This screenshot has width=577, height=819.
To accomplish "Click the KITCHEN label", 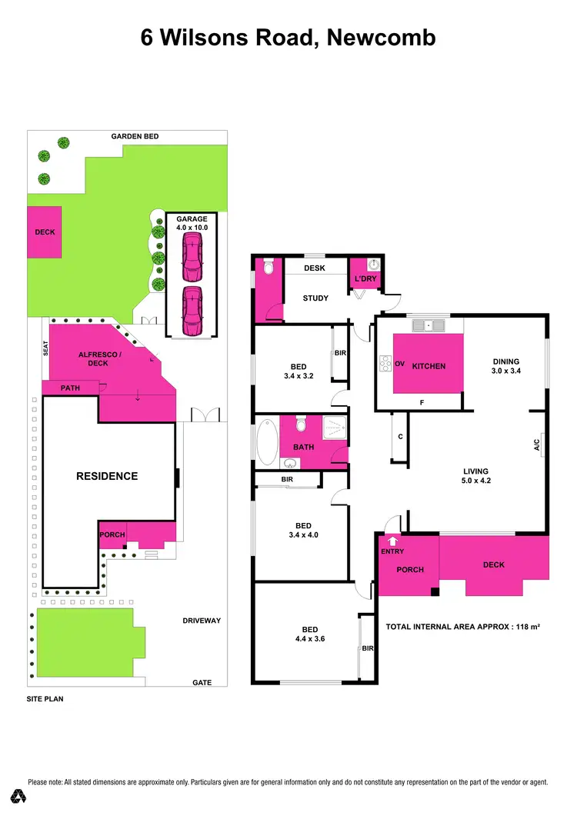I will (x=429, y=366).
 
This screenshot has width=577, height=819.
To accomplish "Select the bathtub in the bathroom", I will (x=267, y=441).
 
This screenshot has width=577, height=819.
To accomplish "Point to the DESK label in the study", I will (x=315, y=268).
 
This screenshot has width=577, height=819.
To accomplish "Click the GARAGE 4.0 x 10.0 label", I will (x=192, y=223).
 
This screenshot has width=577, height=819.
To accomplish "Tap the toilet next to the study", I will (x=268, y=267).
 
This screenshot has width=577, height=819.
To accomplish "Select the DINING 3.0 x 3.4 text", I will (x=507, y=366).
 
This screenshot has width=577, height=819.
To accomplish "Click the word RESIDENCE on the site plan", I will (x=107, y=476).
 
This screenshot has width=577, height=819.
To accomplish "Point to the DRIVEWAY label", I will (x=202, y=621).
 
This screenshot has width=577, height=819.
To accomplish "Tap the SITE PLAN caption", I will (x=44, y=700).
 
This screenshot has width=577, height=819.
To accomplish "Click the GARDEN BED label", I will (x=135, y=136).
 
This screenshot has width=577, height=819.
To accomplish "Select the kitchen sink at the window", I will (x=429, y=325).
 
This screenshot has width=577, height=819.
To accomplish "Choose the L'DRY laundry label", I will (x=365, y=278).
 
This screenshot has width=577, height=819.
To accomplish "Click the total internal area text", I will (x=462, y=627).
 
